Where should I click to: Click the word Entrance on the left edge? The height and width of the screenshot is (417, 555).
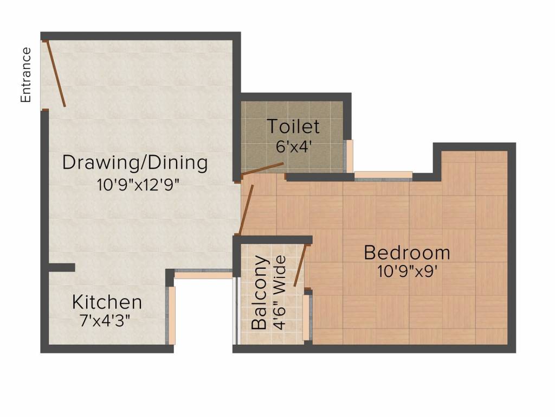tap(25, 75)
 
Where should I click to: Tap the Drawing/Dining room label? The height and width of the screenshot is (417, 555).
tap(135, 162)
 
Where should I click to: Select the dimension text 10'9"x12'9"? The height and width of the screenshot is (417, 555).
tap(138, 184)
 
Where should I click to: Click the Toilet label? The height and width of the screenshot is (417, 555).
tap(293, 127)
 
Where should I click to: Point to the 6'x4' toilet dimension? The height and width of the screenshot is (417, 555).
tap(293, 147)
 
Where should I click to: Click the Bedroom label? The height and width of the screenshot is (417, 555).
tap(406, 252)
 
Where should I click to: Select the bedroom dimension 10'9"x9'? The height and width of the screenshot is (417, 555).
tap(408, 271)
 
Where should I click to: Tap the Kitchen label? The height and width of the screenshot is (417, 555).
tap(107, 302)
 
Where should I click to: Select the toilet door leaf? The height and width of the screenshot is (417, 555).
tap(263, 168)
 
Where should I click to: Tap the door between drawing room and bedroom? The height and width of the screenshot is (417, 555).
tap(247, 206)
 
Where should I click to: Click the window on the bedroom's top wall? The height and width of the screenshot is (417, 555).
tap(383, 175)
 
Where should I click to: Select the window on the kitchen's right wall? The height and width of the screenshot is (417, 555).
tap(172, 315)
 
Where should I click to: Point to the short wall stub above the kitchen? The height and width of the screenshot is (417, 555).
tap(61, 267)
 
